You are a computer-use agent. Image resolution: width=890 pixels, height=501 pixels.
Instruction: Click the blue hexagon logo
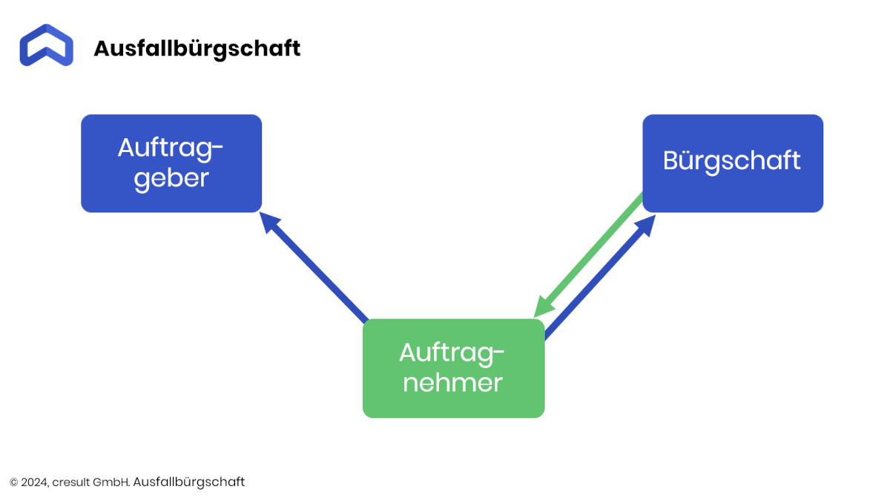(46, 45)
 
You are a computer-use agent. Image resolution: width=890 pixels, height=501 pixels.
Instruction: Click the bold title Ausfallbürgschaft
(197, 49)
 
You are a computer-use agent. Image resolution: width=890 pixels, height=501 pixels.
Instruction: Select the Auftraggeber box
(171, 163)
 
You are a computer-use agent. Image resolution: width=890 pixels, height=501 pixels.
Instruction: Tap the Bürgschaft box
(733, 163)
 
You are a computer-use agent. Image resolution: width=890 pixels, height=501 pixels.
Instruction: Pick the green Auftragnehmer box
(453, 368)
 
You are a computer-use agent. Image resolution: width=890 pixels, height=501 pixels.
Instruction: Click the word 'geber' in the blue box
(171, 180)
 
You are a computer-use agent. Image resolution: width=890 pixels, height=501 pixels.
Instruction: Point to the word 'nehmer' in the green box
(453, 382)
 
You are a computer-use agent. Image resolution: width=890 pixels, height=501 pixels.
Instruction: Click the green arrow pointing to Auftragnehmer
(588, 255)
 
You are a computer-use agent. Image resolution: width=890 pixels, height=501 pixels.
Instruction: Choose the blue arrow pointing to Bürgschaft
(600, 278)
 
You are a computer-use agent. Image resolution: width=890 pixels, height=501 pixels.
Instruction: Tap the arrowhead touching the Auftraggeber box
(268, 221)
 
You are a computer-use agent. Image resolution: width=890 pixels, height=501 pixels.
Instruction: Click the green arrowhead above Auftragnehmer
(543, 307)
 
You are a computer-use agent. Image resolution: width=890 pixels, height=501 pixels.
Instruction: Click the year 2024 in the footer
(35, 482)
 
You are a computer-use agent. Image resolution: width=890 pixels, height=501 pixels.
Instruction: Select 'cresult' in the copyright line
(71, 482)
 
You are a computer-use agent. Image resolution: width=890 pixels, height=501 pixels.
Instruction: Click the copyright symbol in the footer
(14, 482)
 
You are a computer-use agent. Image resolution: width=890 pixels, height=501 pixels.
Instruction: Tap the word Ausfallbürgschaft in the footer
(188, 482)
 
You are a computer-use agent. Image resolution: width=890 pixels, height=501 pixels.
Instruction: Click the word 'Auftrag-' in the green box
(452, 354)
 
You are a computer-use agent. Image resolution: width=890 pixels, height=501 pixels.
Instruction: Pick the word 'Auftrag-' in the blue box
(171, 149)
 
